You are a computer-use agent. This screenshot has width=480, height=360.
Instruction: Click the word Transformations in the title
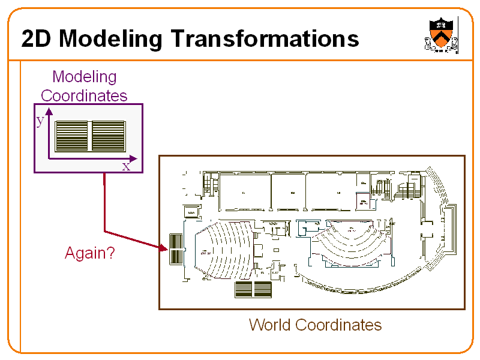tap(265, 38)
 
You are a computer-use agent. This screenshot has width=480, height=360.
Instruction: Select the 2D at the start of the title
tap(37, 38)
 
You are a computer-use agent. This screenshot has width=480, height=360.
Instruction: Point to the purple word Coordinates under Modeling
tap(84, 95)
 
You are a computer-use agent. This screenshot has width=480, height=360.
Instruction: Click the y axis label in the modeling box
tap(40, 121)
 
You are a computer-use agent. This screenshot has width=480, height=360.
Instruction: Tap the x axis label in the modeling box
tap(126, 166)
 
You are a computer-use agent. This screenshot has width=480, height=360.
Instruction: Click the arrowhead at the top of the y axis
tap(49, 112)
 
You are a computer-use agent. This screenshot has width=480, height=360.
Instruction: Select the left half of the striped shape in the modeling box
tap(72, 136)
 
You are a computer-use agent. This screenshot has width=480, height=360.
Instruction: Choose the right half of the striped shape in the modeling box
tap(108, 136)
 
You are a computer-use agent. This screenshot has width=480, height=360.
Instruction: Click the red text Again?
tap(89, 253)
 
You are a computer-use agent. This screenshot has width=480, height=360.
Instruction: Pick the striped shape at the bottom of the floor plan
tap(253, 289)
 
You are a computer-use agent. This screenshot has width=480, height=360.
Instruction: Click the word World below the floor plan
tap(270, 325)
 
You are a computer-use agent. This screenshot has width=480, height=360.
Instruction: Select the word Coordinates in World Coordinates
tap(338, 325)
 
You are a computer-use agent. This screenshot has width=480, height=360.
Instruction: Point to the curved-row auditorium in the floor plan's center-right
tap(350, 243)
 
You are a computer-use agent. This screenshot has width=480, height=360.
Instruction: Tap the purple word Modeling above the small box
tap(84, 77)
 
